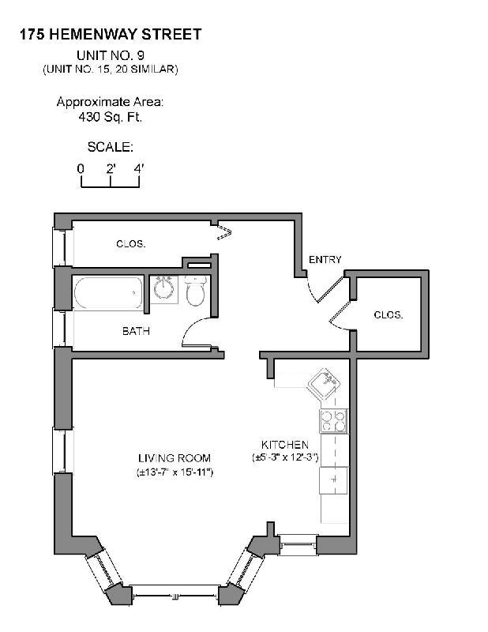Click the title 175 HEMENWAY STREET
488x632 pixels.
click(111, 34)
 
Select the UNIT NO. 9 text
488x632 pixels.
click(111, 55)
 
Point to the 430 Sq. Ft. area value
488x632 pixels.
click(110, 117)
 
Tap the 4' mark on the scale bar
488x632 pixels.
click(139, 168)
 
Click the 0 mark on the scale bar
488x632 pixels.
click(81, 168)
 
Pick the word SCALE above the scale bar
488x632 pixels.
click(110, 147)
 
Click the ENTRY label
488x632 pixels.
click(325, 260)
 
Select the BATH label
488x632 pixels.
click(136, 331)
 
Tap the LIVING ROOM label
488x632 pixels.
click(175, 458)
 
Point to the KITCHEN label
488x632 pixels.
click(285, 445)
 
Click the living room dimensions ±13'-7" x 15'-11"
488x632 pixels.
click(175, 472)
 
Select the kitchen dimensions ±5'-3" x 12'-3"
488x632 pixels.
click(285, 457)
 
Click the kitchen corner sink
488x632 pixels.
click(326, 386)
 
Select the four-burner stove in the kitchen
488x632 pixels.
click(332, 420)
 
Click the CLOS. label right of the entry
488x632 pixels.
click(389, 314)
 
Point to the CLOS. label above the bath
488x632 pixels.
click(130, 244)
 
